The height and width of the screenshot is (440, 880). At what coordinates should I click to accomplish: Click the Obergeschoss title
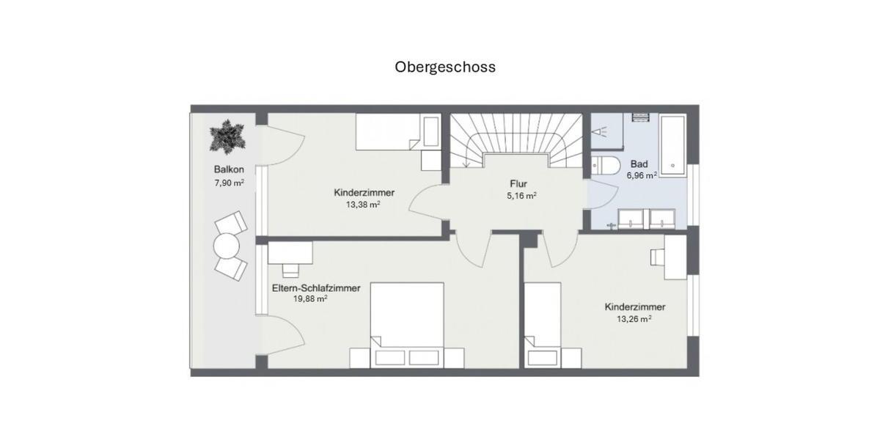click(445, 67)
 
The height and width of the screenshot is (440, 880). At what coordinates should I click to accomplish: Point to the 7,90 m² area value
click(229, 183)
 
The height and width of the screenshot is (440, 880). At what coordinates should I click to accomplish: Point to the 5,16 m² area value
click(520, 197)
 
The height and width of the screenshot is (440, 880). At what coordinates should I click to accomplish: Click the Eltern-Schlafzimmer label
click(316, 288)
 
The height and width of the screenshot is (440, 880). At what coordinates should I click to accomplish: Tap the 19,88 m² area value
click(311, 299)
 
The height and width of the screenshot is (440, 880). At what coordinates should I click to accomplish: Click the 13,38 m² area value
click(363, 205)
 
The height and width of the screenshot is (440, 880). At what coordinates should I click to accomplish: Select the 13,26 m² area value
click(635, 319)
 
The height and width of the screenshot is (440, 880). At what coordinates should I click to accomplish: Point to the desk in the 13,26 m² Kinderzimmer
click(675, 257)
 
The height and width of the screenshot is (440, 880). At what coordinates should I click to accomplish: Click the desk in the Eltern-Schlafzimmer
click(290, 254)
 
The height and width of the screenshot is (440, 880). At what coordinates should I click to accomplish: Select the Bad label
click(639, 164)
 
